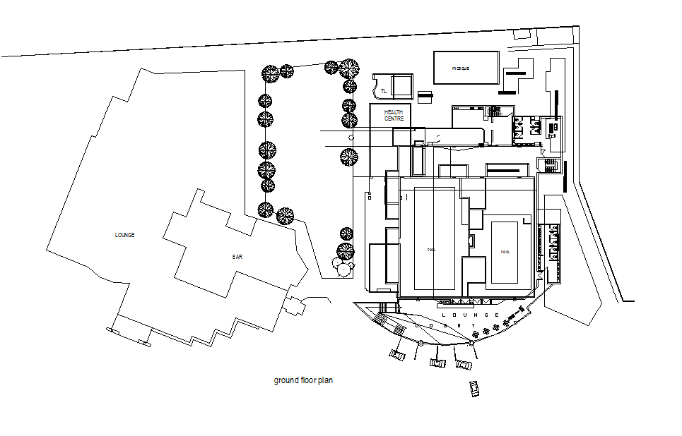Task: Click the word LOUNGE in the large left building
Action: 124,235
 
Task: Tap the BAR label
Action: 237,257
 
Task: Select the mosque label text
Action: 461,68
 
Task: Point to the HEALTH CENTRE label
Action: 394,115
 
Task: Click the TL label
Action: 384,91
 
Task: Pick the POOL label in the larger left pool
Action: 432,250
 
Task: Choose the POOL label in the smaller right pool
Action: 505,252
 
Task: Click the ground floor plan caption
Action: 303,380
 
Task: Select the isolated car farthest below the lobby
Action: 474,387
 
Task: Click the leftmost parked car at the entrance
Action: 396,354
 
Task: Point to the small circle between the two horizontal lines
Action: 351,137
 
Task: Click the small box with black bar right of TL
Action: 424,95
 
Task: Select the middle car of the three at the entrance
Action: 438,363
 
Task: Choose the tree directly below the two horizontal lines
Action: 349,157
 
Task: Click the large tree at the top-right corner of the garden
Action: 348,69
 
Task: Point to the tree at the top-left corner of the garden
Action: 270,73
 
